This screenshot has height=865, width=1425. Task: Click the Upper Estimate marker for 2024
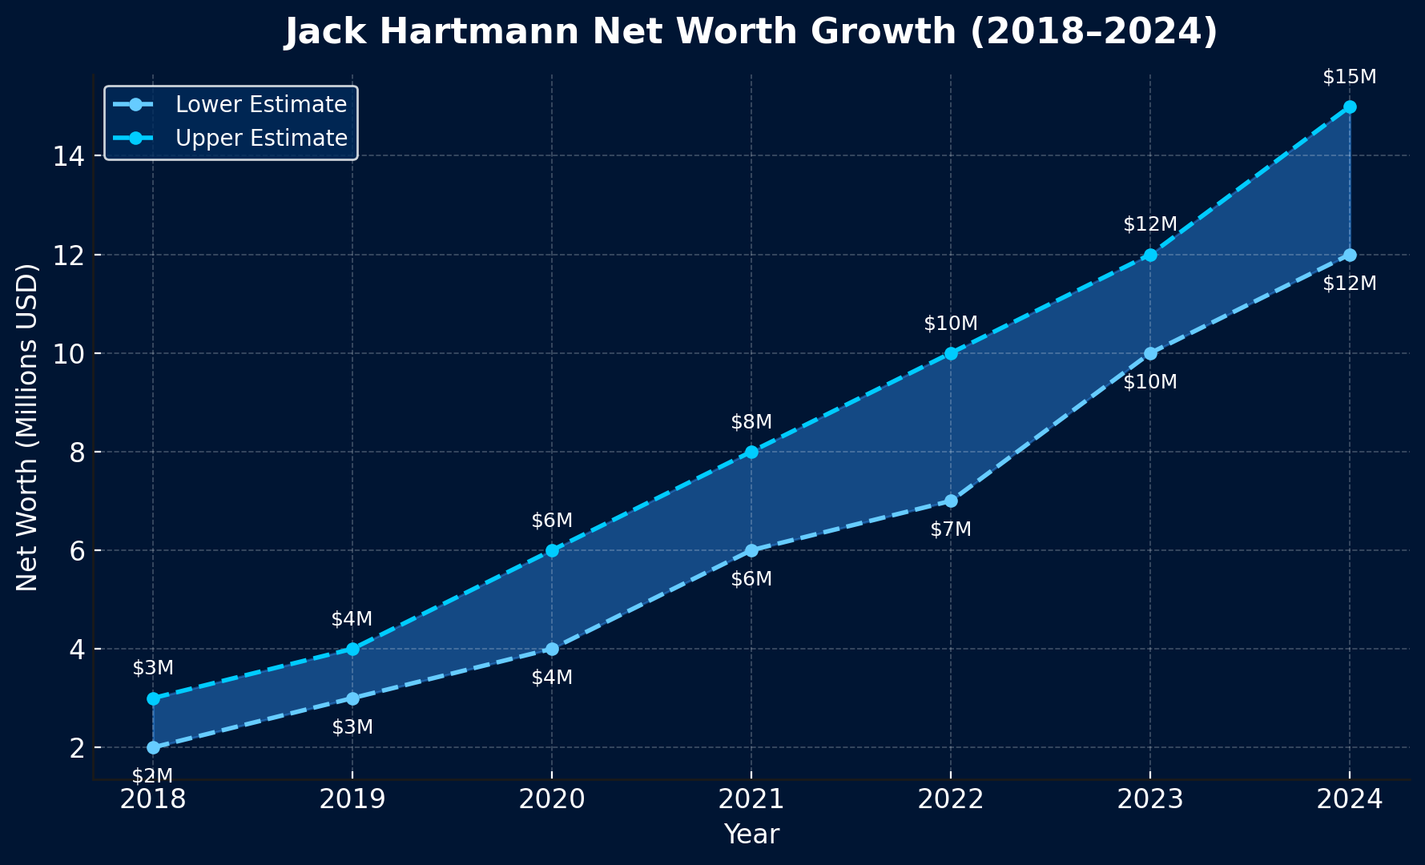1350,107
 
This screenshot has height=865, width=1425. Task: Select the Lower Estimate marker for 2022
951,501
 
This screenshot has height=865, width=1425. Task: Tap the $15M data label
1350,78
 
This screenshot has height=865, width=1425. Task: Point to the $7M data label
951,529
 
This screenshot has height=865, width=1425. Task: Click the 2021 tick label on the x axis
751,800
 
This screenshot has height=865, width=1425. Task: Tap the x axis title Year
751,835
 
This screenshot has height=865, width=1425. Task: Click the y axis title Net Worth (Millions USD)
27,427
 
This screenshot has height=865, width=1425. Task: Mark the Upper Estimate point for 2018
153,698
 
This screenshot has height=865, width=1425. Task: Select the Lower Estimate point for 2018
153,747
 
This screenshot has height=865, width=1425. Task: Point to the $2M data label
152,775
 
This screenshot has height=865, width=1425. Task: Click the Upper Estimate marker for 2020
552,550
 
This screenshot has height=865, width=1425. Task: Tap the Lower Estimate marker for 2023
1150,353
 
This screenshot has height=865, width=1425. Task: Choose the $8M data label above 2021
751,422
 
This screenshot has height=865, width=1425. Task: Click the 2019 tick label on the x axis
352,800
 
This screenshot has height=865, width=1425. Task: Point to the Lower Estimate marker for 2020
552,649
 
